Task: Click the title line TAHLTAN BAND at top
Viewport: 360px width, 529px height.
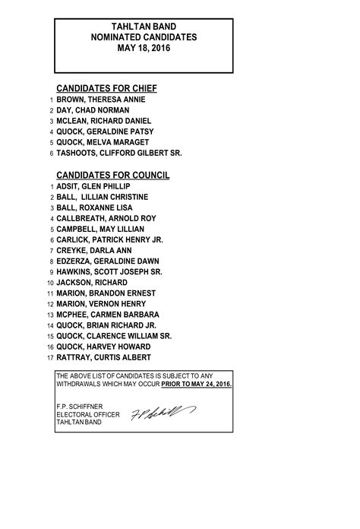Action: [x=144, y=26]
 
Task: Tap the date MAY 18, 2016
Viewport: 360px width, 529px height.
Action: [x=144, y=48]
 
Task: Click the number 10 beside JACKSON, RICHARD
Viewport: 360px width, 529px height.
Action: [x=49, y=283]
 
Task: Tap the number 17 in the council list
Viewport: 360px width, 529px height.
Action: [x=49, y=357]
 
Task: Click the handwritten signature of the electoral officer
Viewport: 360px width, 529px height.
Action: [x=163, y=413]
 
